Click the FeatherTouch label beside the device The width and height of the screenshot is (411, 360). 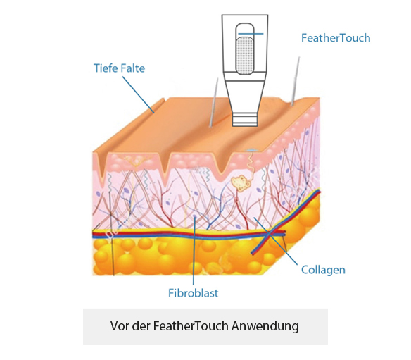[x=336, y=38]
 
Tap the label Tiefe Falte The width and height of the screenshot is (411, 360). [x=119, y=68]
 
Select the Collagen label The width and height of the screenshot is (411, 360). [x=323, y=270]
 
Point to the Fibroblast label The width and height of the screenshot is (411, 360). [x=193, y=293]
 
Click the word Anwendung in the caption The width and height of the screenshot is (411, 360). [x=265, y=326]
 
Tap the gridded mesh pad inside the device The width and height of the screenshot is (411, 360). [x=244, y=56]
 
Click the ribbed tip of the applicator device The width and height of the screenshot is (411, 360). [x=245, y=119]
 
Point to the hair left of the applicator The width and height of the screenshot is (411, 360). [x=213, y=102]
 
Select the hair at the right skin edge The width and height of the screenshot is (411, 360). [x=296, y=81]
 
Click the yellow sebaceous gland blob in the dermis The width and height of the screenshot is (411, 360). [x=241, y=183]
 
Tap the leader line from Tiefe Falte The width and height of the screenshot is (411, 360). [x=138, y=94]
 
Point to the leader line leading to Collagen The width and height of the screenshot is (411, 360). [x=275, y=241]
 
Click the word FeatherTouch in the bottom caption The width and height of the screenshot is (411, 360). [x=191, y=326]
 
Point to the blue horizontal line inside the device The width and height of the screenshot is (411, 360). [x=251, y=34]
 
